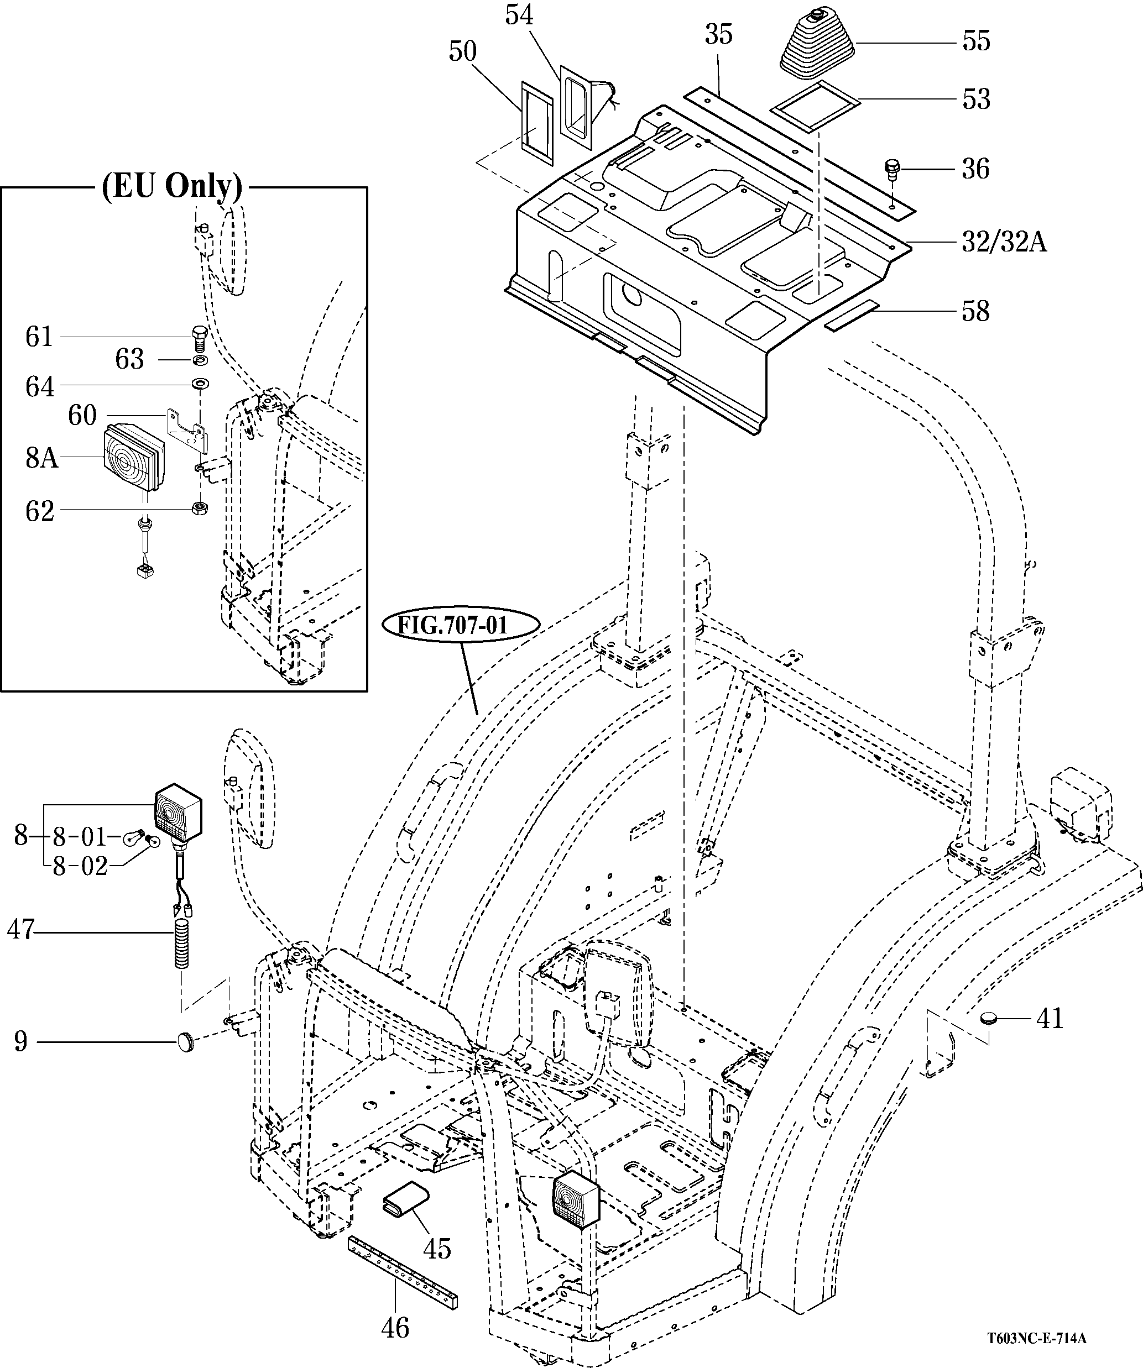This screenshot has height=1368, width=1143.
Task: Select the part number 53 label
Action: [x=975, y=99]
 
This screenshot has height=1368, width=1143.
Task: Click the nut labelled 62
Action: [x=200, y=508]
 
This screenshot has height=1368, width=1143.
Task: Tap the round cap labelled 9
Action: [x=186, y=1042]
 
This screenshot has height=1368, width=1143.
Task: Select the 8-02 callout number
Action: [x=80, y=867]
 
